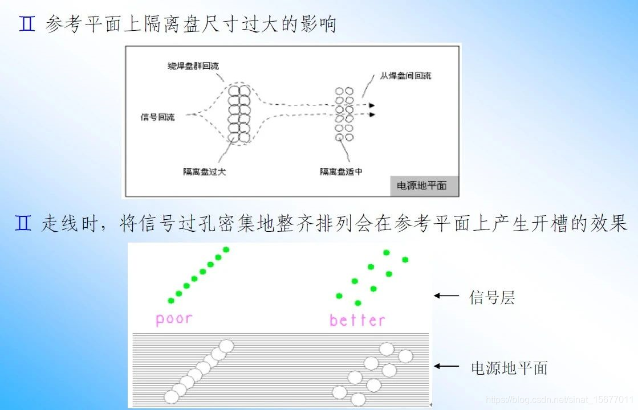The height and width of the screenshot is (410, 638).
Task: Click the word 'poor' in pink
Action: point(173,318)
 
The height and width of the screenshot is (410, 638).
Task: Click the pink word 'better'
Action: point(357,320)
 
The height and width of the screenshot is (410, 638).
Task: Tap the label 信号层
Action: point(492,297)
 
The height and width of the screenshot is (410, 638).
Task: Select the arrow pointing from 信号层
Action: point(446,296)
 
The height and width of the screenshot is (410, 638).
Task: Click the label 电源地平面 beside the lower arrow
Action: point(509,367)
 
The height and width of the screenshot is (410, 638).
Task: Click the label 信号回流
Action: point(157,117)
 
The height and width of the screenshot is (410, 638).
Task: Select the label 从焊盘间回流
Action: point(405,76)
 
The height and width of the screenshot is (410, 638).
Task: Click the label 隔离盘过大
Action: point(204,171)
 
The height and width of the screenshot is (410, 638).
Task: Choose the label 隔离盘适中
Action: point(340,171)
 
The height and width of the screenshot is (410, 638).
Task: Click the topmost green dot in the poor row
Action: point(226,249)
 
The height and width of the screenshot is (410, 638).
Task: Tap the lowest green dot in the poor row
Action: point(170,301)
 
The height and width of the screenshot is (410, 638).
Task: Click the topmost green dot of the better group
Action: point(386,252)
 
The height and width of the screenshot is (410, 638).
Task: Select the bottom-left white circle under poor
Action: point(172,396)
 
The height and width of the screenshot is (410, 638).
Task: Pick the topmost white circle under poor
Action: point(226,346)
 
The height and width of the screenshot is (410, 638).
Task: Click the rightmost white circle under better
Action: point(405,356)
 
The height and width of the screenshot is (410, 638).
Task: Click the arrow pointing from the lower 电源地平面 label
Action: point(446,366)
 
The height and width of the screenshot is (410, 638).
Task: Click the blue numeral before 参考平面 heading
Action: point(27,24)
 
